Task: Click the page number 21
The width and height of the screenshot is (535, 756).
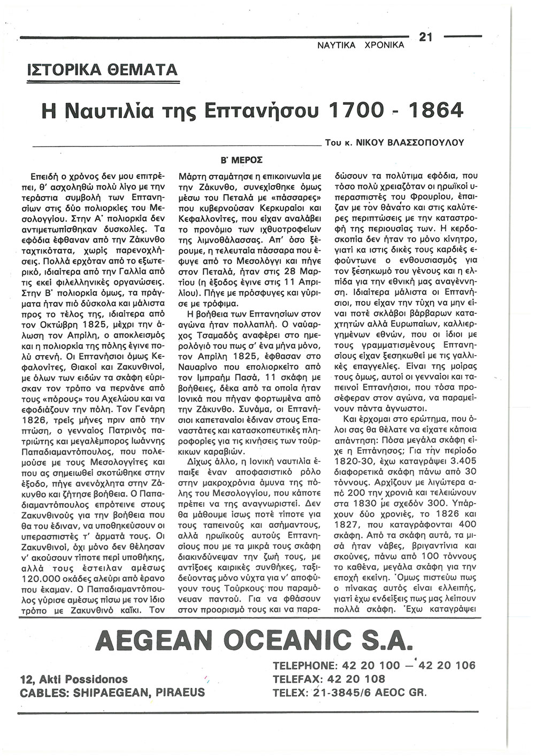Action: tap(426, 37)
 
